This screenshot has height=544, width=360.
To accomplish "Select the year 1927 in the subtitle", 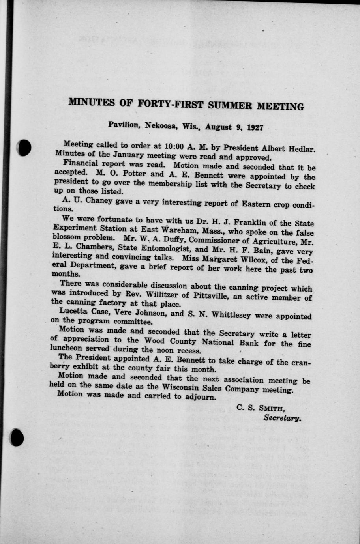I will pyautogui.click(x=255, y=128).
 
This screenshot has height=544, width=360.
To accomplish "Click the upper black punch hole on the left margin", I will pyautogui.click(x=25, y=149).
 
